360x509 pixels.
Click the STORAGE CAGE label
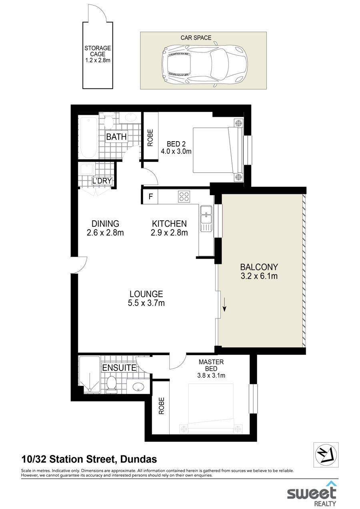[x=98, y=51]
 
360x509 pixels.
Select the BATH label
[x=116, y=137]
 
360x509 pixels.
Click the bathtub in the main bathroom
[x=88, y=138]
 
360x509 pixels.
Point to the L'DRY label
[x=102, y=181]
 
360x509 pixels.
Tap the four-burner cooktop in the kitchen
[x=184, y=196]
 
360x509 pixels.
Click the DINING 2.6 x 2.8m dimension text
[x=105, y=233]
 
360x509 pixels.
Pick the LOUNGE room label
[x=146, y=294]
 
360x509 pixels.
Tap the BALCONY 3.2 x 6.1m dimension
[x=259, y=276]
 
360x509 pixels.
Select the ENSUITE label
[x=119, y=367]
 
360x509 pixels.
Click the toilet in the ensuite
[x=112, y=384]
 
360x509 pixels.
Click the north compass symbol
[x=326, y=455]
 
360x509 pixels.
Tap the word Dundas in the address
[x=138, y=459]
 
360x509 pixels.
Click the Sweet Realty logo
[x=312, y=493]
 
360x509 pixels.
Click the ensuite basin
[x=138, y=387]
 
